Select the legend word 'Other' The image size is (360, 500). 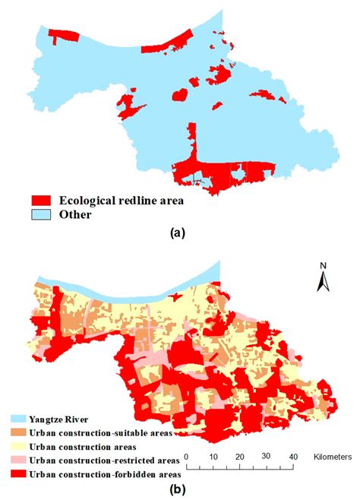point(76,214)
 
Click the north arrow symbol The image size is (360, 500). point(322,283)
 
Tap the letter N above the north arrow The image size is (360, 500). point(322,267)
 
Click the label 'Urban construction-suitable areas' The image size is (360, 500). point(101,432)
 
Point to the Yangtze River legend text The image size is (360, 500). point(59,418)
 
